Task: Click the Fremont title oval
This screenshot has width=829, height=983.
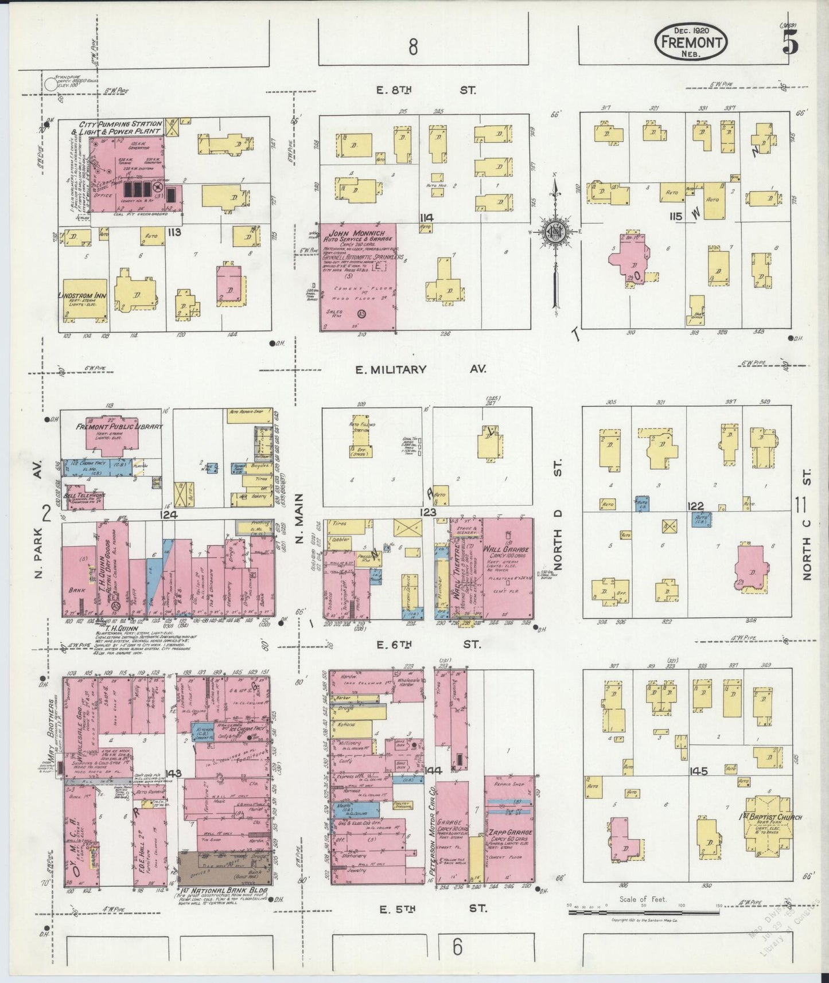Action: click(691, 41)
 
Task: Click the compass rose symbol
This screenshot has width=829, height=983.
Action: click(555, 231)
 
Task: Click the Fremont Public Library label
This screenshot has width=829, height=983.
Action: click(120, 427)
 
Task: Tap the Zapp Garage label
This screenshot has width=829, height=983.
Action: click(511, 832)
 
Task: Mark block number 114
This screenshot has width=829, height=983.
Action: click(426, 217)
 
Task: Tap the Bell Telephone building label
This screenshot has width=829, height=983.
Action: click(84, 495)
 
